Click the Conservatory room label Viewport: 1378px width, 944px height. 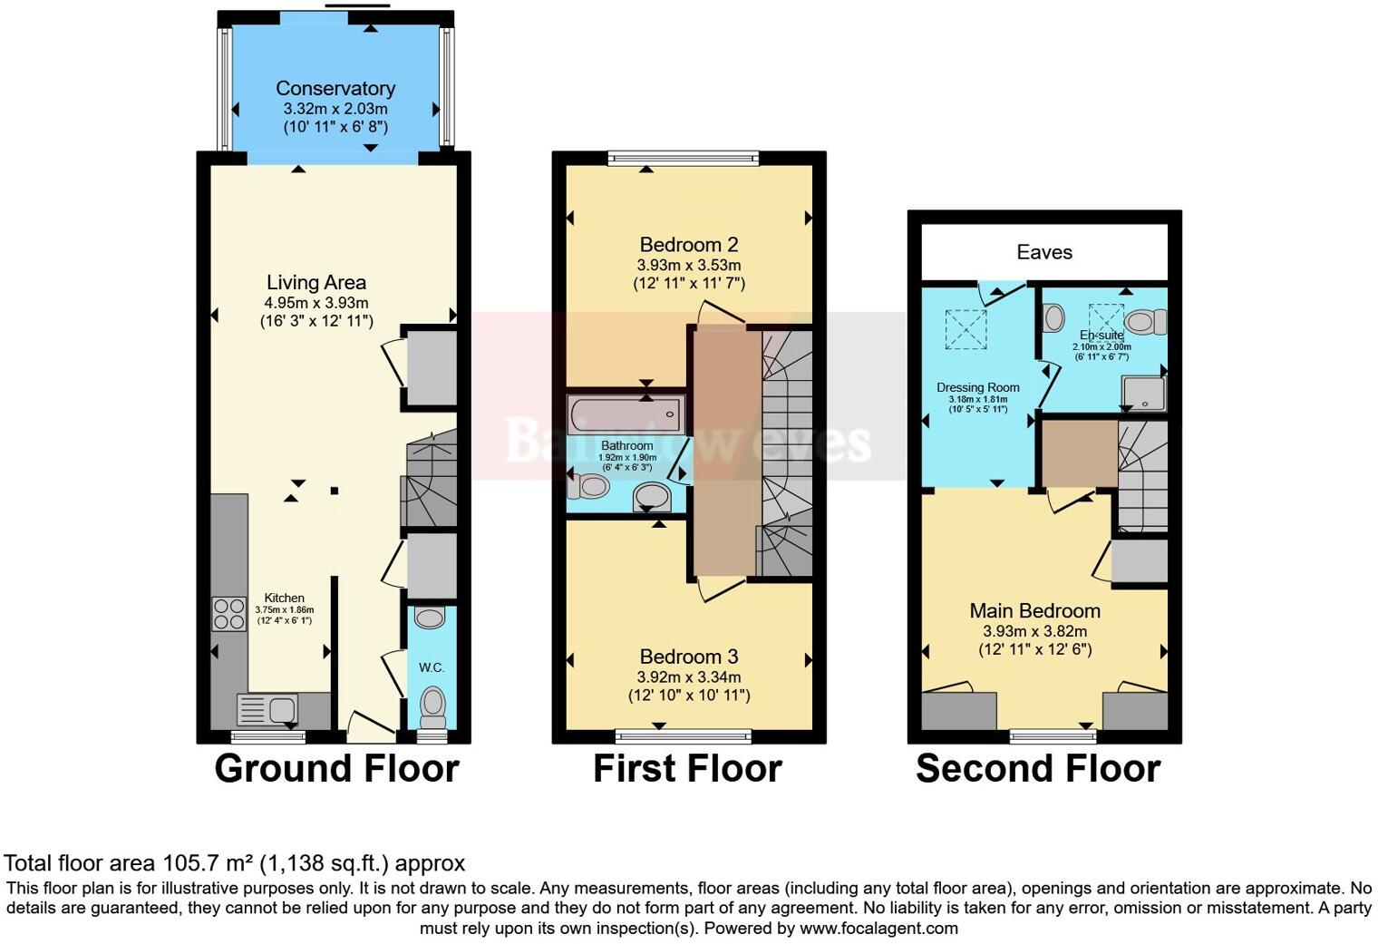[335, 89]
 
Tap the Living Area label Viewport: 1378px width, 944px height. [315, 283]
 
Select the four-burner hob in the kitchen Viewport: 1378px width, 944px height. [228, 613]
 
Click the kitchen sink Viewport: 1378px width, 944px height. [267, 707]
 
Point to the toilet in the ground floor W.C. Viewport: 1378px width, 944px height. [433, 703]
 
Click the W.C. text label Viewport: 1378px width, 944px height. [432, 667]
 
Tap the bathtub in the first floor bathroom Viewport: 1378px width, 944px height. [625, 415]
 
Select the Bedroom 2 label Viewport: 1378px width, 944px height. [688, 245]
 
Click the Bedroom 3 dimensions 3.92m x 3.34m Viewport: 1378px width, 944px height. [688, 677]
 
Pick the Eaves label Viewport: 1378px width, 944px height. [1044, 252]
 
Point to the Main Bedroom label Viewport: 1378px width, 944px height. [1034, 611]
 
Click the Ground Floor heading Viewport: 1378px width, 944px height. [336, 769]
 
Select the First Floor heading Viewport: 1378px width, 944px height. [687, 769]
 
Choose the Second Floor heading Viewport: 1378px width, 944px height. [1037, 769]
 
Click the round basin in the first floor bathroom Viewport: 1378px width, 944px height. [651, 496]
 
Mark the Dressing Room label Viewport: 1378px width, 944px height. [977, 387]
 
